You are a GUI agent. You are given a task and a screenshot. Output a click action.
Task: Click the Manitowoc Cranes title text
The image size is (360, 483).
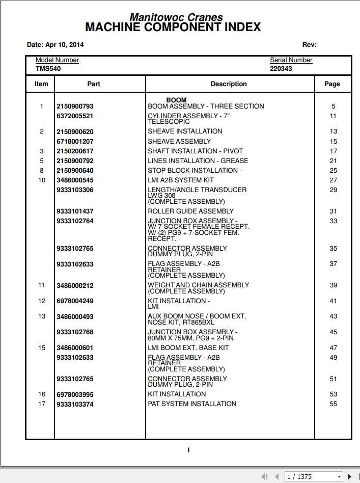176,17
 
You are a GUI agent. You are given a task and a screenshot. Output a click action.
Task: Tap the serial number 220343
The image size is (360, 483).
281,68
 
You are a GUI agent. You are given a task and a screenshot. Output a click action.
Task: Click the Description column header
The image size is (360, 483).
229,84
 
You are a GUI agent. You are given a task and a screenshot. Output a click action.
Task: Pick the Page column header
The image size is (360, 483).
332,84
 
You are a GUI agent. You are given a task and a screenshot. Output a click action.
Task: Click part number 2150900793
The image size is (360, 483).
75,106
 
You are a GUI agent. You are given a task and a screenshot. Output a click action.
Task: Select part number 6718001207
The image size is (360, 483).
75,142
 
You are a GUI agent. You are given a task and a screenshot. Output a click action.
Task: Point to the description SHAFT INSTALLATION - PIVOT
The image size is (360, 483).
195,151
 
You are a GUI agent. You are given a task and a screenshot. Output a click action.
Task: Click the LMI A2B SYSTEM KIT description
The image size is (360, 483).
181,180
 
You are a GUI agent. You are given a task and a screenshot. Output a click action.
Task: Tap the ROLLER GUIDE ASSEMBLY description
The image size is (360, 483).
190,211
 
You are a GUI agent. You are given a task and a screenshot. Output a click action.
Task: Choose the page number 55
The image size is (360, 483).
334,404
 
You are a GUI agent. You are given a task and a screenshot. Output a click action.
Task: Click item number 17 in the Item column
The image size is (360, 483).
42,404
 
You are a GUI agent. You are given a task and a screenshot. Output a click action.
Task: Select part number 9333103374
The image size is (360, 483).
75,405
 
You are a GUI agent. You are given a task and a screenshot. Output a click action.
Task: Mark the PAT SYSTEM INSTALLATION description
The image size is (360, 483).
192,404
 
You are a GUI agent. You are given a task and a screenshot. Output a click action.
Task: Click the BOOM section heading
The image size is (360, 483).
176,100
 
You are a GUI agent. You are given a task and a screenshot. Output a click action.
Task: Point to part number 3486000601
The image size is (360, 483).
75,348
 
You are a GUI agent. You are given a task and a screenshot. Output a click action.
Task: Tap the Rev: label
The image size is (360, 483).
309,45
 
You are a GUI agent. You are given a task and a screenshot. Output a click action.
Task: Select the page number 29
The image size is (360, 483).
334,190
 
